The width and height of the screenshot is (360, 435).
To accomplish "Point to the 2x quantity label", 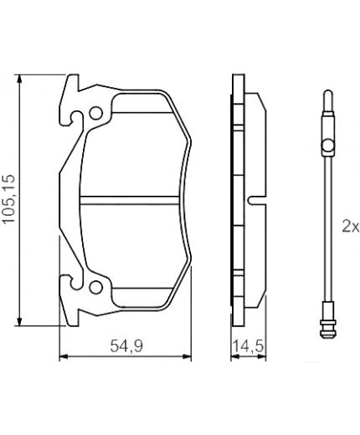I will coord(349,226).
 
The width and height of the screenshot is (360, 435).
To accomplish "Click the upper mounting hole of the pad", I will coord(97,113).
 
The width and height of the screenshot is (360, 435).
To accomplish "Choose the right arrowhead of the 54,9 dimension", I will coord(188,358).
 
